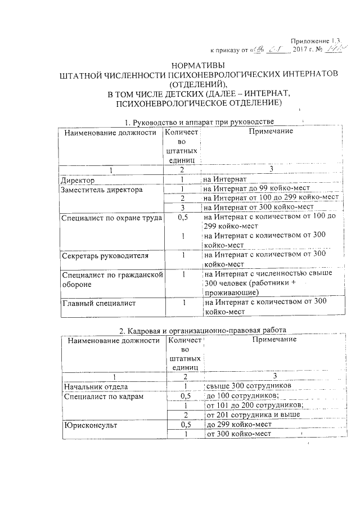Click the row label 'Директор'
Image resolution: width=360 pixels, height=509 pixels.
78,180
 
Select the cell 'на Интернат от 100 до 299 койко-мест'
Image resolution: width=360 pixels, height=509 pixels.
271,199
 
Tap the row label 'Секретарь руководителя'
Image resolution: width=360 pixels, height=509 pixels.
105,256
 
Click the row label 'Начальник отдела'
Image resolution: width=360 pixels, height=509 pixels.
97,387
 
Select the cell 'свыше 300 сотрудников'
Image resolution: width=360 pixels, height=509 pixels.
249,386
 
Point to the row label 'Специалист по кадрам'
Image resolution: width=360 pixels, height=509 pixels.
104,397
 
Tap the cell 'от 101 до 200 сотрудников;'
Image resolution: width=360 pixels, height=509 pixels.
255,406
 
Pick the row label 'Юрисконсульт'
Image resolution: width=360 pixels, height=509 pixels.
91,425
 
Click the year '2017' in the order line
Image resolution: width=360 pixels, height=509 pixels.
304,49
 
